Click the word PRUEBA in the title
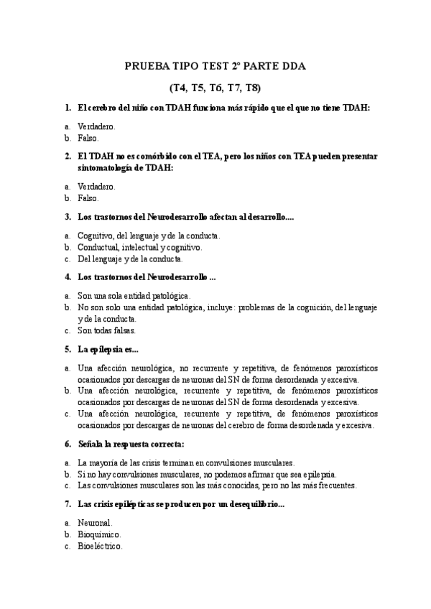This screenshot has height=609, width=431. tap(144, 66)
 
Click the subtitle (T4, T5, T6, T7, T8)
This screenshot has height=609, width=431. tap(215, 88)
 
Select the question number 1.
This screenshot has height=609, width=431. tap(67, 108)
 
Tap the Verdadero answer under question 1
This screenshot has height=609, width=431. tap(96, 126)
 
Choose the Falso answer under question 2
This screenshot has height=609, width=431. tap(88, 197)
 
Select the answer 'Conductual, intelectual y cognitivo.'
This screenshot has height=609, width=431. tap(139, 246)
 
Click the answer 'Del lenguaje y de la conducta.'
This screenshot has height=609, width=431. tap(130, 259)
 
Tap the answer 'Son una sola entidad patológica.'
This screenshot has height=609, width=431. tap(134, 295)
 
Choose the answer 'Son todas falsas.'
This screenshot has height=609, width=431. tap(106, 331)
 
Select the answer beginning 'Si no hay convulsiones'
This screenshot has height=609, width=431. tap(207, 474)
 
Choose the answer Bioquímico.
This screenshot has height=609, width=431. tap(99, 534)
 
